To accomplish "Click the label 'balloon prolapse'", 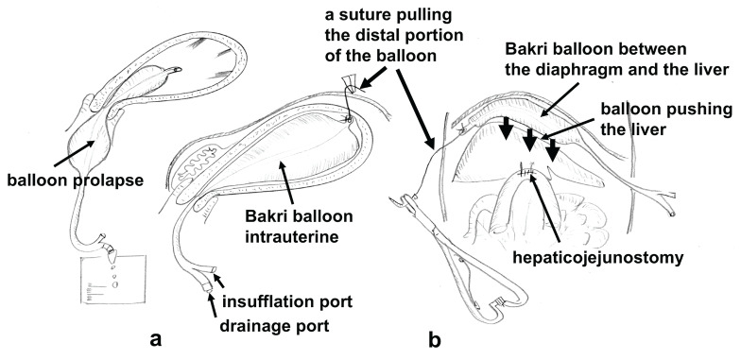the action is tap(75, 180).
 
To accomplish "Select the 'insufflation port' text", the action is tap(287, 301).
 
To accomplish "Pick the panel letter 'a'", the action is tap(155, 339).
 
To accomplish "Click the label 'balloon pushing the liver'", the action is tap(666, 119).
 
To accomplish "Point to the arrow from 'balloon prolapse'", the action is tap(74, 153).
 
